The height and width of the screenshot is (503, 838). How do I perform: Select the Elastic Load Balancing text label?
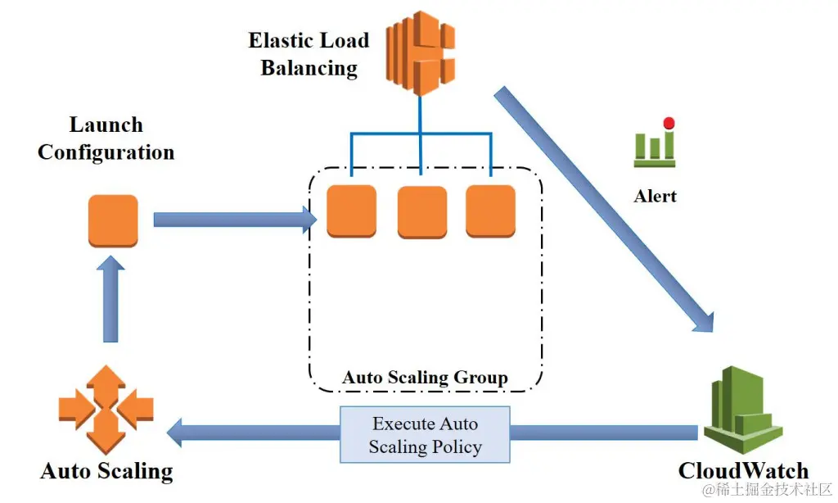(309, 54)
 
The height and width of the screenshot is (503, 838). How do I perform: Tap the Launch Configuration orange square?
(113, 220)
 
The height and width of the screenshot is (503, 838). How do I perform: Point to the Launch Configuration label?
(106, 138)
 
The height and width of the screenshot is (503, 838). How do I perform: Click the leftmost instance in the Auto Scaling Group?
(351, 211)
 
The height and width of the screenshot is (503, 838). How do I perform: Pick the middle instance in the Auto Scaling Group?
(421, 212)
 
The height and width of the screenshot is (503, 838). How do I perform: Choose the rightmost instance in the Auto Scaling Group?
(490, 211)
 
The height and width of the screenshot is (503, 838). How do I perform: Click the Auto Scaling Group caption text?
(425, 378)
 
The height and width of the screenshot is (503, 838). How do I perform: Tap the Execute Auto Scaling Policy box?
(426, 435)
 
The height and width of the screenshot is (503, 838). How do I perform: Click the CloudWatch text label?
(743, 471)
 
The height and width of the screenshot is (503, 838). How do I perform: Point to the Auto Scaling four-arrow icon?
(106, 409)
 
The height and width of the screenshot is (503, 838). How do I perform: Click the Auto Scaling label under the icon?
(106, 471)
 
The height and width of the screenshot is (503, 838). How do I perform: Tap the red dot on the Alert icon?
(669, 124)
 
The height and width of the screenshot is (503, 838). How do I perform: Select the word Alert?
(656, 197)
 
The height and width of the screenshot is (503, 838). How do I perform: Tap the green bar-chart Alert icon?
(655, 146)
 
